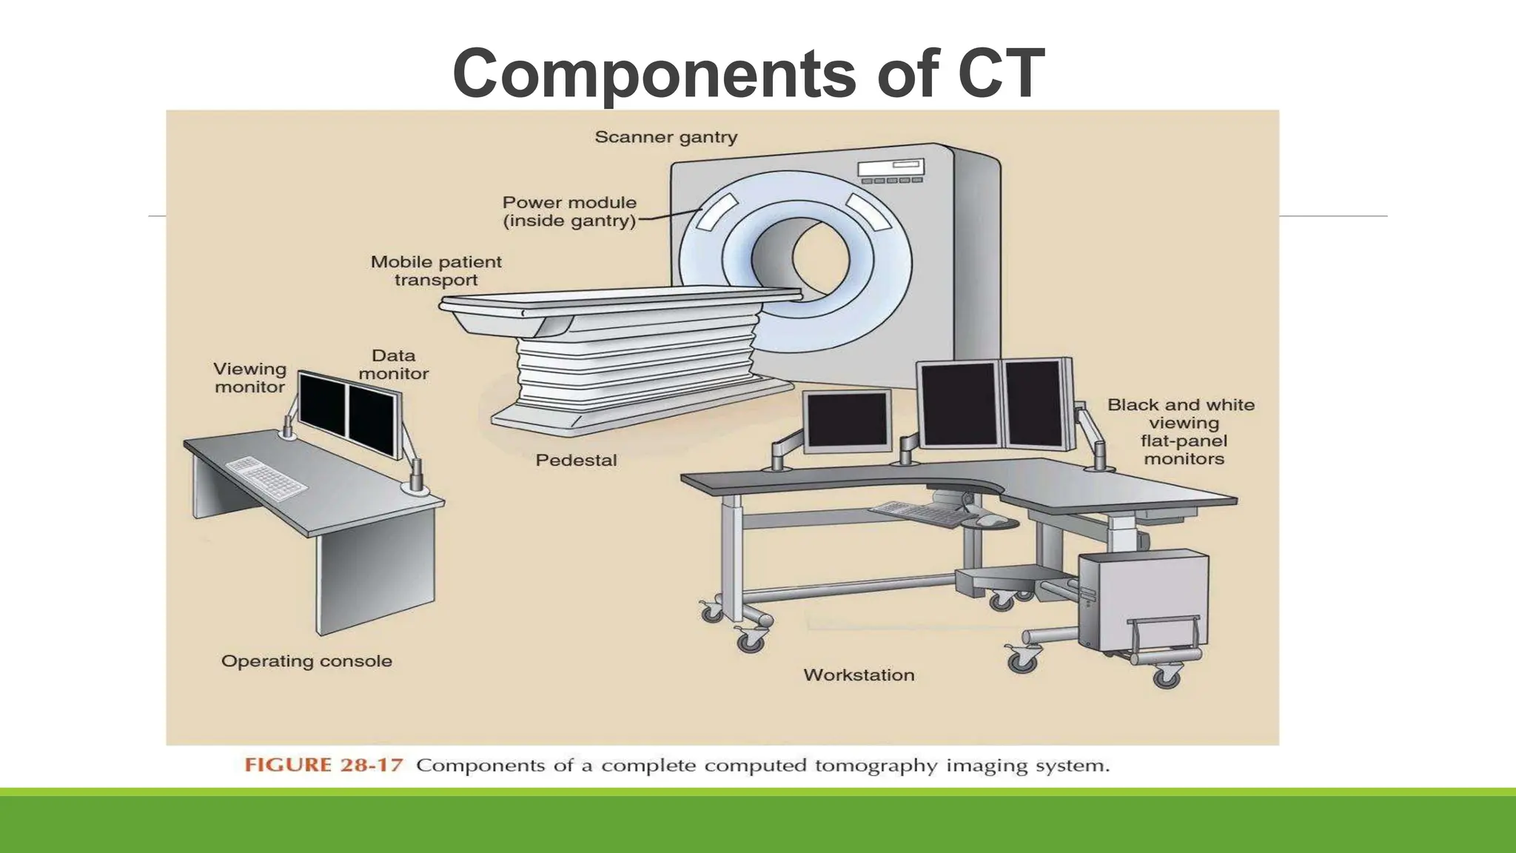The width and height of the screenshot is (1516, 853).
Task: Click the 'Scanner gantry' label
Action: (x=665, y=138)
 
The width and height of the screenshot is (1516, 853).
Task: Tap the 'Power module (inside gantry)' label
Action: (x=569, y=212)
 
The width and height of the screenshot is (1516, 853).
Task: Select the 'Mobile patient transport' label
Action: (x=436, y=271)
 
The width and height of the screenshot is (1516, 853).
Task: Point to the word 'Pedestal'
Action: (x=576, y=461)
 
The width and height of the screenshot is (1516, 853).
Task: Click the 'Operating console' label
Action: (x=306, y=661)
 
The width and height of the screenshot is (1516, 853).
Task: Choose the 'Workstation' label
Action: (x=859, y=675)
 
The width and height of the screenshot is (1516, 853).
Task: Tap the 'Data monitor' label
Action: (x=393, y=365)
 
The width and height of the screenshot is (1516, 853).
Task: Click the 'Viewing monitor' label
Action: (x=249, y=378)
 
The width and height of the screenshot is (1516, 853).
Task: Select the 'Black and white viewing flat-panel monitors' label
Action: (x=1182, y=432)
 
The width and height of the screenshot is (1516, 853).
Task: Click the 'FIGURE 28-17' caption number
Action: (x=323, y=766)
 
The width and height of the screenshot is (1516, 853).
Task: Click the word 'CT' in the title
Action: (x=1001, y=73)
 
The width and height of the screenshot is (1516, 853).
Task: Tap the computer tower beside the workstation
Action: (x=1140, y=600)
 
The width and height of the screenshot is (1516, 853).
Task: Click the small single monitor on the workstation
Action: (x=848, y=420)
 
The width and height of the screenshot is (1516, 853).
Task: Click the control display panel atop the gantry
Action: (x=891, y=171)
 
